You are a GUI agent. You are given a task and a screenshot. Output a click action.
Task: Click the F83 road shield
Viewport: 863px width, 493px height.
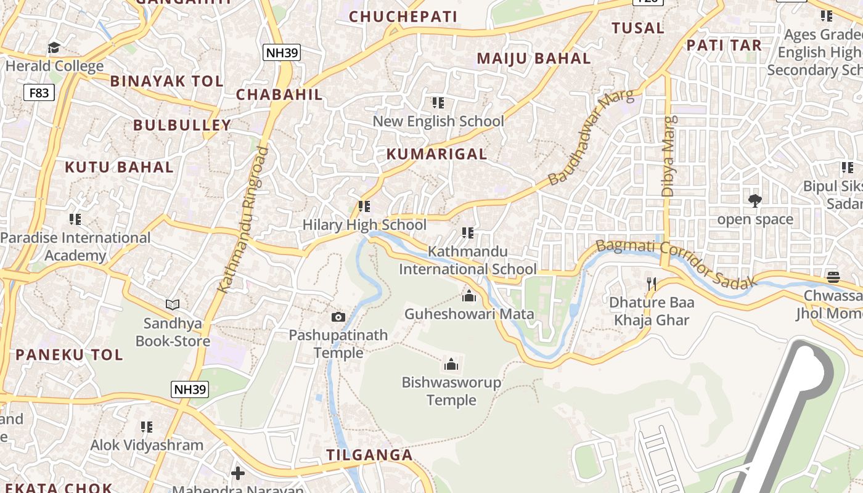point(39,93)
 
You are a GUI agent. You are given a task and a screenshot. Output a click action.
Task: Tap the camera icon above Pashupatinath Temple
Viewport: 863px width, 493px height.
point(338,317)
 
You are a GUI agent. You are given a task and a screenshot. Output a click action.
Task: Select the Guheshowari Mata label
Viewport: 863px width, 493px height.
point(469,314)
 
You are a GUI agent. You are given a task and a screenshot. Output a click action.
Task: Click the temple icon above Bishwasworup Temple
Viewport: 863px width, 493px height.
point(451,364)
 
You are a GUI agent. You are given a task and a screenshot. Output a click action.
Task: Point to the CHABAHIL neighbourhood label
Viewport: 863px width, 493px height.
point(279,94)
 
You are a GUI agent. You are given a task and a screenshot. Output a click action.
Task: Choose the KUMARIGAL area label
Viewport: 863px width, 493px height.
point(436,154)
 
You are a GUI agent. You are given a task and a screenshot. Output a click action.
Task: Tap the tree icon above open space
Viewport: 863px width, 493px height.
point(755,200)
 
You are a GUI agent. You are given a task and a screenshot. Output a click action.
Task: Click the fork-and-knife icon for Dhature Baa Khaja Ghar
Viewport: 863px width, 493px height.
point(651,283)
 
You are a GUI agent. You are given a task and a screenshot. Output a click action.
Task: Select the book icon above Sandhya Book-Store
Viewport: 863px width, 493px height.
point(173,304)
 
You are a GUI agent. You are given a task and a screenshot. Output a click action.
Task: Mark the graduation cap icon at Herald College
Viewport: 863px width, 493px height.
point(54,47)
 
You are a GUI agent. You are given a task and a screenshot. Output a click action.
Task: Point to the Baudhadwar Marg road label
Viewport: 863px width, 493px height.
point(591,138)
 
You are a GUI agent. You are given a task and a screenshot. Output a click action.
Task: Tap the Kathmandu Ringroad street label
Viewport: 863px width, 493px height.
point(243,219)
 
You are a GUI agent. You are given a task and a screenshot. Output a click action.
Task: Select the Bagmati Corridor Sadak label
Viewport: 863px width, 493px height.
point(676,263)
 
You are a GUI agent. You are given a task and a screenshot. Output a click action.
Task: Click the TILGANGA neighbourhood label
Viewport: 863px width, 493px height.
point(369,455)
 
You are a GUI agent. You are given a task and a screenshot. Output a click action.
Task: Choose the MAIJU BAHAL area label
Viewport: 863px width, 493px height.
point(534,59)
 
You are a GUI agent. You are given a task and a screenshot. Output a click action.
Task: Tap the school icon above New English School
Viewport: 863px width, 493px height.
point(438,102)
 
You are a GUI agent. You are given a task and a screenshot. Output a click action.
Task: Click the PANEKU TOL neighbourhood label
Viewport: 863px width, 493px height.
point(69,354)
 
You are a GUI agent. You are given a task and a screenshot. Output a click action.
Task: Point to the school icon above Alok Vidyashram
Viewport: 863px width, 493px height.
point(146,426)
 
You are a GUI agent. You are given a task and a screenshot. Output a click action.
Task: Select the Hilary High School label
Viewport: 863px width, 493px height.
point(364,225)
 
